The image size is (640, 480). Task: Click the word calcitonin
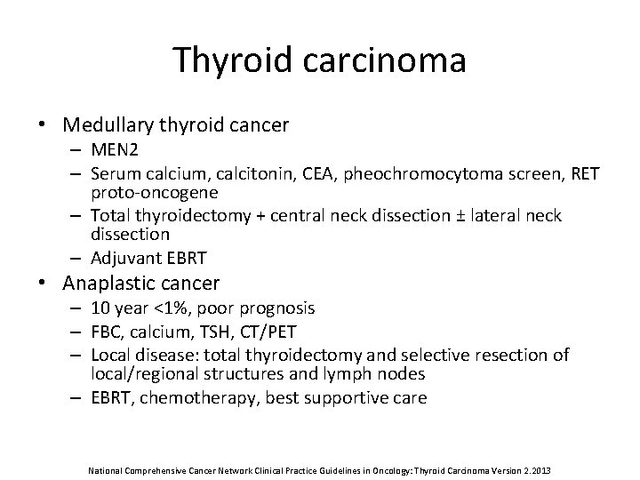point(240,173)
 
